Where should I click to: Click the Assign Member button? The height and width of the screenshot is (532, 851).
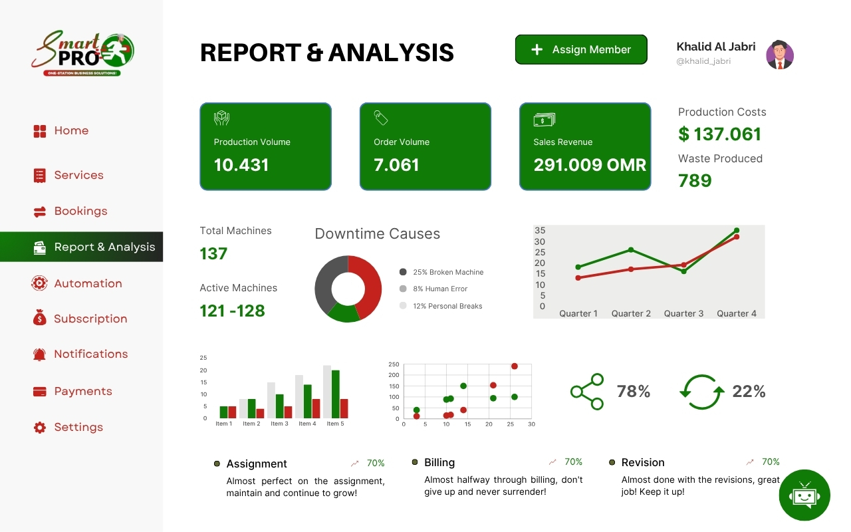(581, 50)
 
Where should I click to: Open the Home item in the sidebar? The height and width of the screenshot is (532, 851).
(70, 131)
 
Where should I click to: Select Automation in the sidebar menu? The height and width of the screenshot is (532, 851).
(88, 283)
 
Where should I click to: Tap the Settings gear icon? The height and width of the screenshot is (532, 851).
(40, 428)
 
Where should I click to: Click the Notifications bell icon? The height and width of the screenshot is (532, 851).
(40, 354)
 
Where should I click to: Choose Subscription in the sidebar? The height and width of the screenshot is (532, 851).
(90, 319)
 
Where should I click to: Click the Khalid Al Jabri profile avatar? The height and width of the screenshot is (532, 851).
(780, 55)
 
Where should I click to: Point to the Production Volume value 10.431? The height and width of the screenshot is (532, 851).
(241, 165)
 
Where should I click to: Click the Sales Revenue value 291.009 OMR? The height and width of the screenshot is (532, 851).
(590, 165)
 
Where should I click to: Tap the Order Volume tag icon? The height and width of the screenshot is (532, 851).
(381, 118)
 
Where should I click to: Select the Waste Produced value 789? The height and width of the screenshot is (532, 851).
(695, 181)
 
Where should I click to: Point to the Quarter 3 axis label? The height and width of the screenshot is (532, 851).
(683, 313)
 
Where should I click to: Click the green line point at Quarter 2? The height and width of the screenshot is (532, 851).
(631, 250)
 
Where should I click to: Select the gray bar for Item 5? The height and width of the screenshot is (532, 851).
(327, 391)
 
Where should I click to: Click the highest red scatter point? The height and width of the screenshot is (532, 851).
(514, 366)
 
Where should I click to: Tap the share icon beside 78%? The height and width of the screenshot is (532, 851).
(587, 391)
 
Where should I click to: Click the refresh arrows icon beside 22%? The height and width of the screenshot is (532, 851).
(701, 392)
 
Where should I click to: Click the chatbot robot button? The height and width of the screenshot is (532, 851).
(804, 495)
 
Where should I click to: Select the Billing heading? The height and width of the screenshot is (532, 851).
(439, 462)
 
